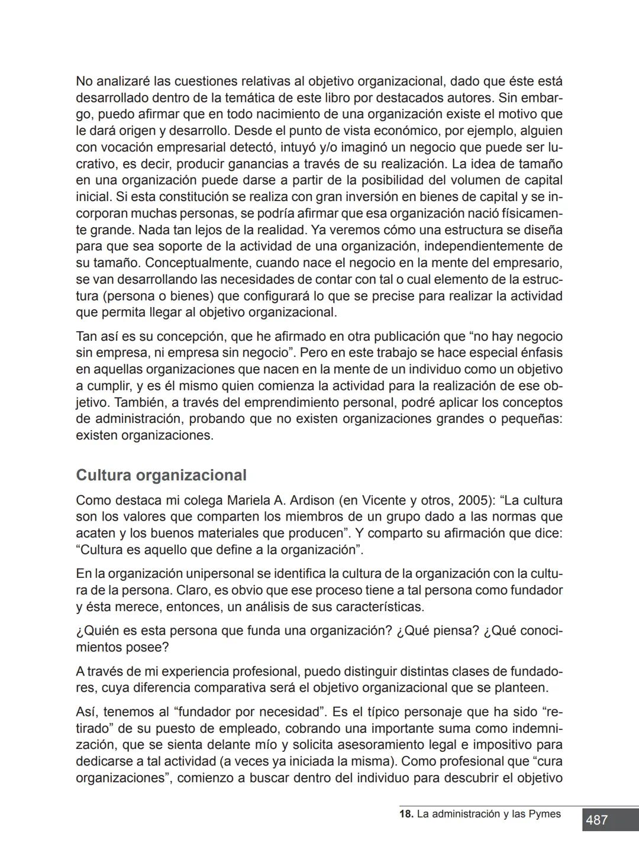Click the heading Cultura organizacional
(x=161, y=475)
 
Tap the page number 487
(x=596, y=820)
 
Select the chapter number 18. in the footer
(x=406, y=814)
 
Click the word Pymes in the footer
(x=544, y=814)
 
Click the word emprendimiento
(x=296, y=402)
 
